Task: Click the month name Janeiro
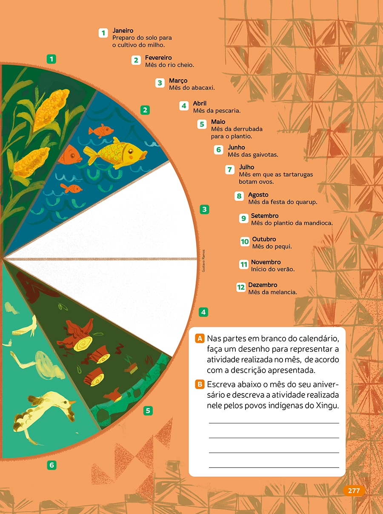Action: pos(123,30)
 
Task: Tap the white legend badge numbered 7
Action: pos(229,169)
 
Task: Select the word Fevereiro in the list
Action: pos(158,57)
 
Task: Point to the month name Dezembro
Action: pos(263,285)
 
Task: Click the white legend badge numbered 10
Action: pos(245,241)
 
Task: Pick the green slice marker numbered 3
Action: pos(204,210)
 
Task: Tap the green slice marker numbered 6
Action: pos(52,465)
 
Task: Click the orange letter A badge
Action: pos(200,339)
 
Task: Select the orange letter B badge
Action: pos(200,384)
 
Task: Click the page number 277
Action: pos(354,491)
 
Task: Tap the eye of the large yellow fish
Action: pos(131,151)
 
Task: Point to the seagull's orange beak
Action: pos(72,402)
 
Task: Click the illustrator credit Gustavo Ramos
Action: pos(203,261)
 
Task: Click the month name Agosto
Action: pos(258,195)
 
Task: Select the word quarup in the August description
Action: pos(306,202)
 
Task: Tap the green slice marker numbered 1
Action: pos(51,59)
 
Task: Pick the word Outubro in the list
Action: pos(264,239)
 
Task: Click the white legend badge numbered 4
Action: pos(184,106)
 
